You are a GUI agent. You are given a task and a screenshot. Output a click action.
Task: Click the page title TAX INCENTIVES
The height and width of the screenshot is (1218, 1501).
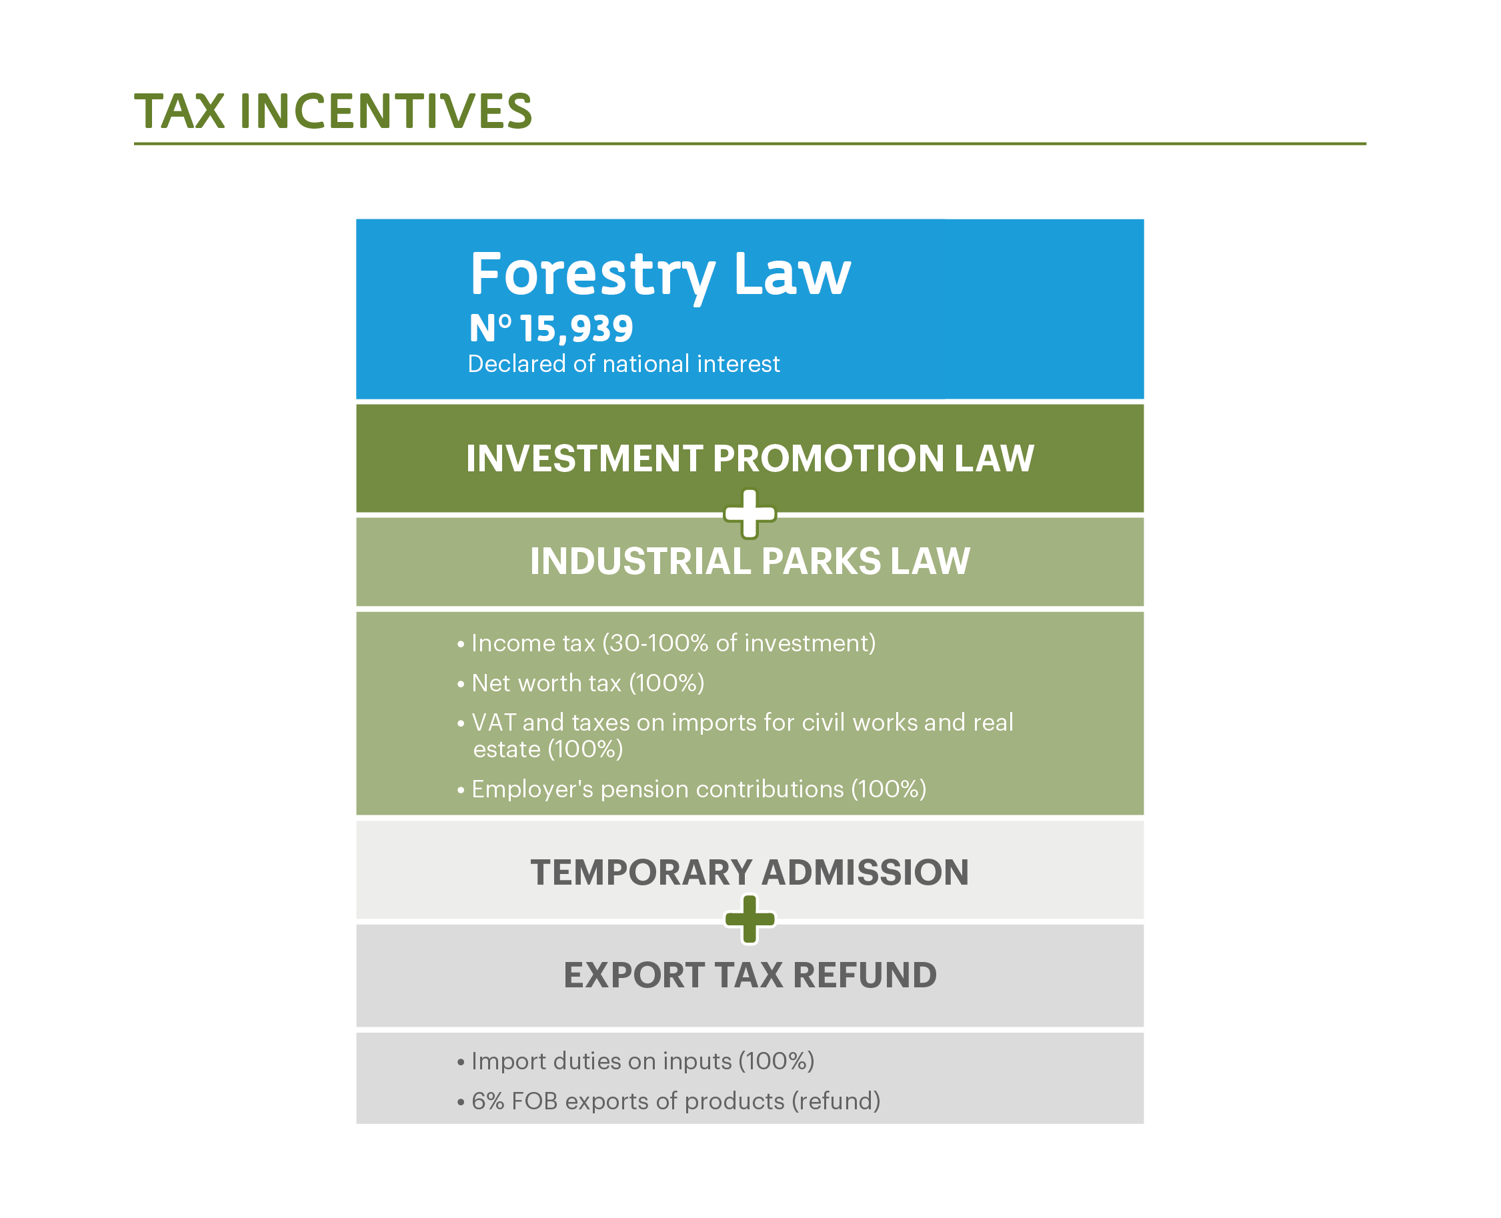(x=333, y=111)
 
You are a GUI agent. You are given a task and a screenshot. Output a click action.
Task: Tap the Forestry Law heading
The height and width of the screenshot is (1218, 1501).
(x=660, y=276)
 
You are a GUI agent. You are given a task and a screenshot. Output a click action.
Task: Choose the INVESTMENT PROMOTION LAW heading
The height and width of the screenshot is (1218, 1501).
(x=749, y=458)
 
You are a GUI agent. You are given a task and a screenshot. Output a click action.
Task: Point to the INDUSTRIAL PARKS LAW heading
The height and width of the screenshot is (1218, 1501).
(x=749, y=561)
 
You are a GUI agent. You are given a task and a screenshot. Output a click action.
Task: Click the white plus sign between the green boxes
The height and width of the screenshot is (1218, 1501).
(x=749, y=513)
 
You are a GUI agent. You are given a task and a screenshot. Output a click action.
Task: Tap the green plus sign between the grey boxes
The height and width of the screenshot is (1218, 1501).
(x=749, y=919)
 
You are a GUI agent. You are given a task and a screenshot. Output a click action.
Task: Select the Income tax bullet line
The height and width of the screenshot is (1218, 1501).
(x=666, y=643)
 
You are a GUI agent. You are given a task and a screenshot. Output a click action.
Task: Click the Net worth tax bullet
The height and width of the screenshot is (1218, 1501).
(x=580, y=683)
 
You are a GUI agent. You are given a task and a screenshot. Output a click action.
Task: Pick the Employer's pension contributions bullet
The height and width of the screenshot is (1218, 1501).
(x=691, y=789)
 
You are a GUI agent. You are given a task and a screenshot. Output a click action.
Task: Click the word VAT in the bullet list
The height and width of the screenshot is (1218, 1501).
(x=493, y=722)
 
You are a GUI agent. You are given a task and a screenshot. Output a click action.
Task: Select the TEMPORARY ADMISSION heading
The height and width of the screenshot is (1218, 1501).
(x=749, y=872)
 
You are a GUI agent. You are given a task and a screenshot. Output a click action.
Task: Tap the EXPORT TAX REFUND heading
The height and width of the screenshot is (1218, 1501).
(x=749, y=975)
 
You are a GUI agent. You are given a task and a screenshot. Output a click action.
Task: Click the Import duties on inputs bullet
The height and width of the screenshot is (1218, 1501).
(x=635, y=1061)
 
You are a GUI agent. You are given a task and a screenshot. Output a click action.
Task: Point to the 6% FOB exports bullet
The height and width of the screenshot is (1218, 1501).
(x=668, y=1101)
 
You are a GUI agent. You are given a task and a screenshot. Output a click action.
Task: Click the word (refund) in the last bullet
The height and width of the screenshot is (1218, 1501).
(x=836, y=1101)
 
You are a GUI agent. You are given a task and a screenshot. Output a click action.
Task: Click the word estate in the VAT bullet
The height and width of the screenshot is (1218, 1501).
(x=507, y=750)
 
